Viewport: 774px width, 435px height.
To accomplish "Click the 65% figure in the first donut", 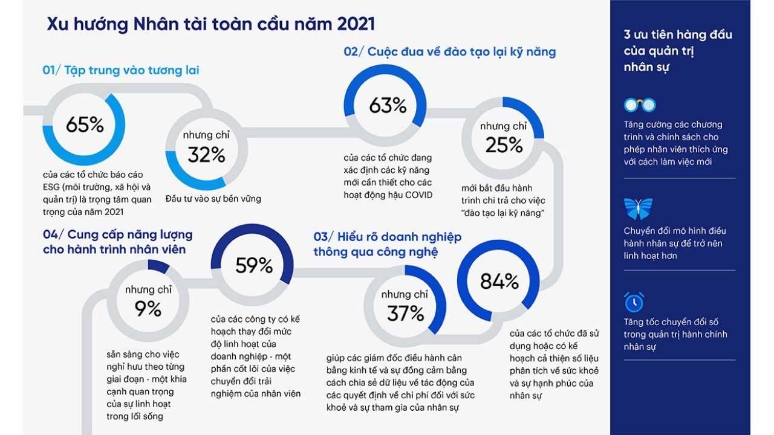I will click(x=85, y=125).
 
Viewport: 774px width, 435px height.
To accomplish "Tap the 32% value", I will click(x=206, y=155).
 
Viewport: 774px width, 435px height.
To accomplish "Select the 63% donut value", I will click(x=388, y=106).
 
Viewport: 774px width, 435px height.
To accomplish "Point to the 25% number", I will click(x=504, y=145).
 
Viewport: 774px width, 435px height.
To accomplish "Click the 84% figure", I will click(x=499, y=281).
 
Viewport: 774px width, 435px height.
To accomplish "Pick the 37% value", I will click(x=405, y=313).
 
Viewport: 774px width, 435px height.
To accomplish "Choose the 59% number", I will click(x=254, y=265).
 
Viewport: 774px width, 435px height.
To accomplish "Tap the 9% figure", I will click(x=148, y=309).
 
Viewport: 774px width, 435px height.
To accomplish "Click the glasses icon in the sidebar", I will click(x=639, y=105).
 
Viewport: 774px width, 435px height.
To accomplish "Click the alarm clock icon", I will click(x=634, y=301).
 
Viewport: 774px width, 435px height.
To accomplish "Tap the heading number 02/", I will click(x=354, y=52).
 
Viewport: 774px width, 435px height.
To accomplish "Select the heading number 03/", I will click(x=324, y=237).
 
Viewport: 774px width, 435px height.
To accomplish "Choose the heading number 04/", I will click(x=53, y=234).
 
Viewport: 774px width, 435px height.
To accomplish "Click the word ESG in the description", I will click(x=52, y=187).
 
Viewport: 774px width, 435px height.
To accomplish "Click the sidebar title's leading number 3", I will click(x=627, y=34).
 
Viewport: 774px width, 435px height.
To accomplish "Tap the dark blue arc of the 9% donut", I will click(x=159, y=266).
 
